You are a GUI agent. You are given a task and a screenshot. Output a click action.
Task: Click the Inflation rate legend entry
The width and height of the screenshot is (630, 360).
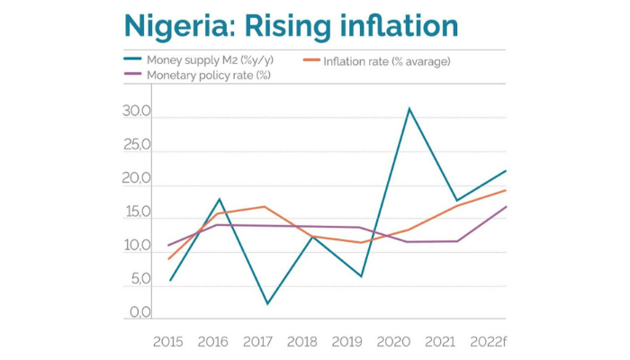[x=387, y=60]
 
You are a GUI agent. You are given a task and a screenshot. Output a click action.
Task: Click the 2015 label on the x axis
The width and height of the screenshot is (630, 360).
[x=169, y=341]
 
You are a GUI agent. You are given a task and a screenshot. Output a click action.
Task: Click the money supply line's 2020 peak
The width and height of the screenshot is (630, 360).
[x=409, y=109]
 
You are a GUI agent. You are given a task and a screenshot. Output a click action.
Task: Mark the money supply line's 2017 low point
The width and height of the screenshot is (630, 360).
[x=266, y=304]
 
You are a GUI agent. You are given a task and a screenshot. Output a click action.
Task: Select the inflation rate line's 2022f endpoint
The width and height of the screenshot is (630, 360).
[x=505, y=190]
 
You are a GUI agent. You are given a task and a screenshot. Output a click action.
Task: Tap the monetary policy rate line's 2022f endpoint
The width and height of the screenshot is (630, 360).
[x=505, y=207]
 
